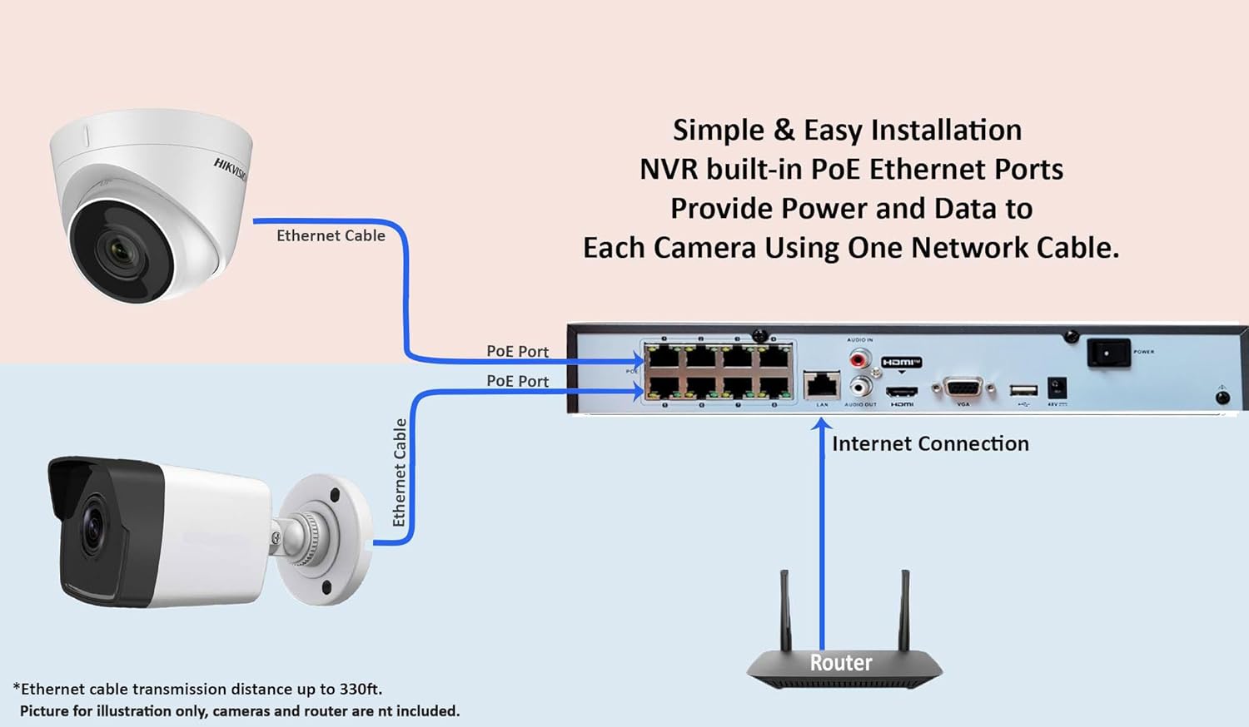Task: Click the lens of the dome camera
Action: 117,250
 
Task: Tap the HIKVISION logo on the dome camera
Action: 230,168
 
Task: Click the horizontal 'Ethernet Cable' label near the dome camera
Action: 331,235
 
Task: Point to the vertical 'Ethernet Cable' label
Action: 400,472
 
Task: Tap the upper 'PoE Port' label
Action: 517,351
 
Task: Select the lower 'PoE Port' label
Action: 517,381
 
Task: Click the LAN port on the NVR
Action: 822,385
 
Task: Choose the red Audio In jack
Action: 858,359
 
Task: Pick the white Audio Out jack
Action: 858,387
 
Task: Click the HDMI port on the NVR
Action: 901,391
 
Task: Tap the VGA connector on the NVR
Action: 963,388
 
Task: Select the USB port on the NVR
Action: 1023,390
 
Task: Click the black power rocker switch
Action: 1108,354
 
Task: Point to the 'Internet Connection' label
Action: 930,443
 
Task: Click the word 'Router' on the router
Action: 841,662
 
